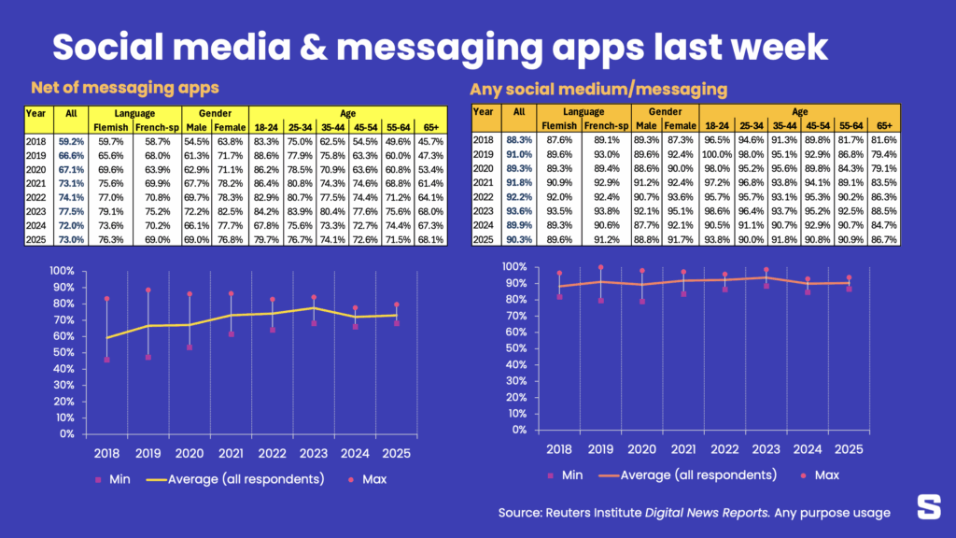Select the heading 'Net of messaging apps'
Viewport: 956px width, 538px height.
(x=125, y=88)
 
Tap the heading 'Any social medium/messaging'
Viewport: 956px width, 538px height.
(x=598, y=90)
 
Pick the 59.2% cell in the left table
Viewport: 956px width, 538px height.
(x=71, y=142)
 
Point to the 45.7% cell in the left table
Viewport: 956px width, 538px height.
(x=429, y=142)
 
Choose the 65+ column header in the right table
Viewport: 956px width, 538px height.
(x=882, y=125)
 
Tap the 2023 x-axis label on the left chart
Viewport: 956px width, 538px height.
(x=313, y=453)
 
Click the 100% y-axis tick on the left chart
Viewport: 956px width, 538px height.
(x=61, y=271)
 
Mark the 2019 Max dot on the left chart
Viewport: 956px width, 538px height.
(x=148, y=290)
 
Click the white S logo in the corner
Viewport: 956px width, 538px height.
(x=929, y=507)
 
